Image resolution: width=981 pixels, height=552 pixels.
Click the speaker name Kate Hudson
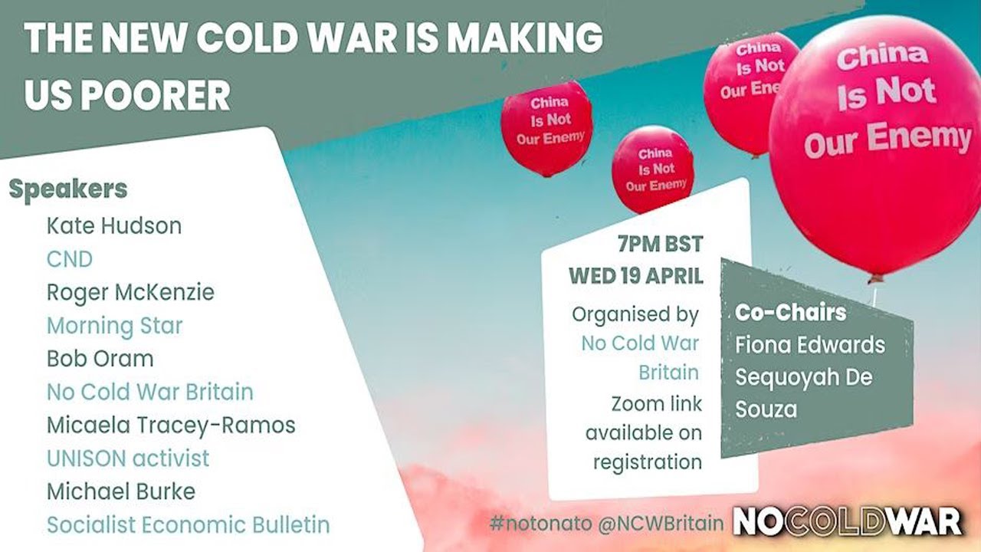click(x=114, y=226)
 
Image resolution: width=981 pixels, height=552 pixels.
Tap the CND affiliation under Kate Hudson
click(x=69, y=259)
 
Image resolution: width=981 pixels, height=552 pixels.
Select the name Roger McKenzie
click(x=130, y=292)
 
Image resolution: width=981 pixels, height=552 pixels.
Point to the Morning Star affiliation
click(x=114, y=325)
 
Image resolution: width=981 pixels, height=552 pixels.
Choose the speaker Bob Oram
click(x=100, y=358)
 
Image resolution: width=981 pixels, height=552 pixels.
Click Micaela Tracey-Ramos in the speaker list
click(x=171, y=425)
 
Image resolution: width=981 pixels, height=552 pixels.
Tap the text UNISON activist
click(x=128, y=458)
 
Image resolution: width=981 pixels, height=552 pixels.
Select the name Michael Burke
click(x=121, y=491)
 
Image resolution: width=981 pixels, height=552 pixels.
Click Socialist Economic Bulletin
click(x=188, y=525)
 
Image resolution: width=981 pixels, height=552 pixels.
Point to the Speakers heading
click(x=68, y=189)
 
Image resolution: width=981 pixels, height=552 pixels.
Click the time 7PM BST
click(x=660, y=245)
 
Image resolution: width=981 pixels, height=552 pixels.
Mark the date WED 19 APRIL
click(x=636, y=276)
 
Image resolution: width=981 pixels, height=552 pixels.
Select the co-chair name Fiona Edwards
click(x=809, y=344)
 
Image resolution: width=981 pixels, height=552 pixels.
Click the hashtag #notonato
click(x=530, y=524)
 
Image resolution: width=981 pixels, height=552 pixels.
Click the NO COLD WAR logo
click(x=848, y=522)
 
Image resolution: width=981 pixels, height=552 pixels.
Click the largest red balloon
click(x=875, y=146)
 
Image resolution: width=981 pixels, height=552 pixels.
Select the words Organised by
click(x=635, y=314)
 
